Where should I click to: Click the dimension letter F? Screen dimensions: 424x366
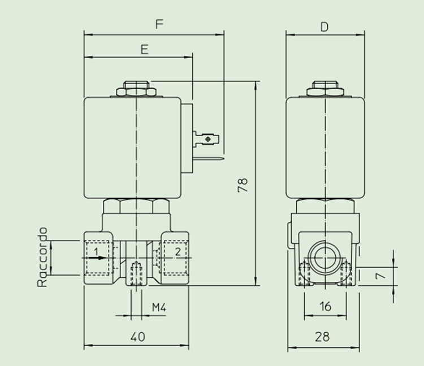click(x=159, y=24)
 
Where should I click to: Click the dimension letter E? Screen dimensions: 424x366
click(x=145, y=50)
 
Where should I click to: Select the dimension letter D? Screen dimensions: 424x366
click(x=325, y=27)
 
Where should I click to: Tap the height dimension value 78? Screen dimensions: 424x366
click(x=243, y=185)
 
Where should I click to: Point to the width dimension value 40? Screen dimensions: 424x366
click(x=138, y=337)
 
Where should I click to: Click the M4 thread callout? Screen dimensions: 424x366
click(x=159, y=307)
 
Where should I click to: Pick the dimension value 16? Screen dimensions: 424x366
click(x=325, y=306)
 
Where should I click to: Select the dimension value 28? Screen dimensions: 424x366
click(x=322, y=337)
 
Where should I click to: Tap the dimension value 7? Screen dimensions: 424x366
click(x=380, y=276)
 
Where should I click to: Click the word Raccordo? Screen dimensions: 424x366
click(x=42, y=257)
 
